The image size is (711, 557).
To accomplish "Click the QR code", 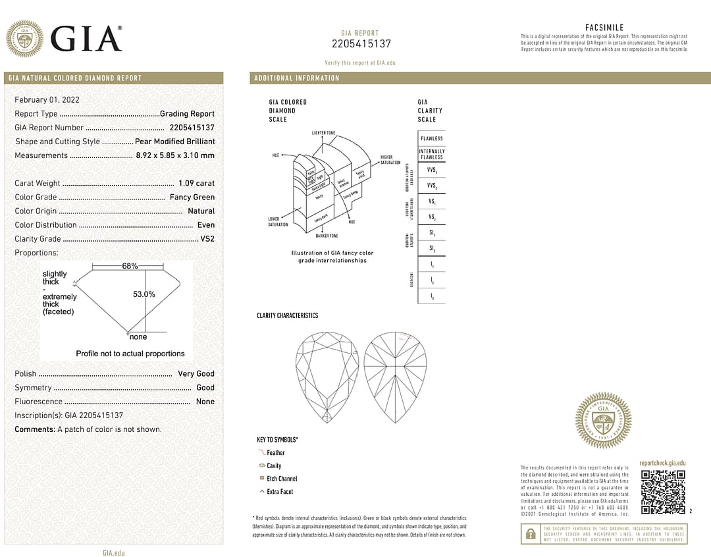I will (663, 492).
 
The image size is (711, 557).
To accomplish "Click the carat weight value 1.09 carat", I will (196, 183).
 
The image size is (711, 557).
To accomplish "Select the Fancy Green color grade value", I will (192, 197).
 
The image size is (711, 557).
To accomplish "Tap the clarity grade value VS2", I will (207, 239).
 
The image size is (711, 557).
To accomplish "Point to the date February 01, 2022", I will (47, 99).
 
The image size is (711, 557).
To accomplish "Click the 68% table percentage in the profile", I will (130, 266).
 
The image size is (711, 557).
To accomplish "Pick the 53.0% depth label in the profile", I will (144, 294).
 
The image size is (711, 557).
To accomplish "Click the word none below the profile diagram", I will (138, 337).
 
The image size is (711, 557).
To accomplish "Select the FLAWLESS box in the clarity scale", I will (432, 139).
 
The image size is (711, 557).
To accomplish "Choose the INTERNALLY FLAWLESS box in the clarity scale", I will (432, 154).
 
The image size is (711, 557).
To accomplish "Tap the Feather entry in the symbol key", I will (276, 453).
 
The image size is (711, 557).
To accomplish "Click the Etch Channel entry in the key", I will (282, 479).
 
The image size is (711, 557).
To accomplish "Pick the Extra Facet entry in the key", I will (280, 492).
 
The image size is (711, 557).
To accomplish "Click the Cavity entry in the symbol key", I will (274, 466).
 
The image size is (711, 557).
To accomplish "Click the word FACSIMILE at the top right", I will (604, 28).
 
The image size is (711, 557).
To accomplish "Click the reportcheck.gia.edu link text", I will (662, 464).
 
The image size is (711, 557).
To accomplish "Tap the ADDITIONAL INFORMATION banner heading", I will (297, 78).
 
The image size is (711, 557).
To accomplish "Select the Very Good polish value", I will (196, 373).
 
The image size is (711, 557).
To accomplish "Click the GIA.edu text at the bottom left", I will (114, 553).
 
